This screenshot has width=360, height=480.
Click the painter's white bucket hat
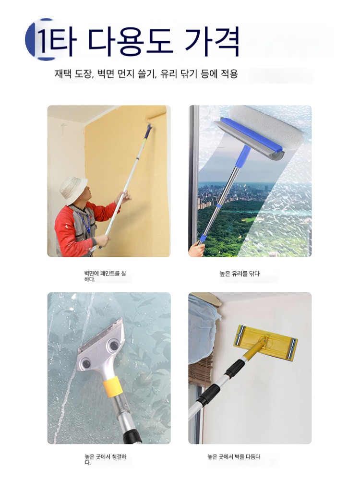[73, 189]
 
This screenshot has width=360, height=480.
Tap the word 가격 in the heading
[212, 41]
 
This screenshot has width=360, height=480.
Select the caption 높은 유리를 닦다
[240, 274]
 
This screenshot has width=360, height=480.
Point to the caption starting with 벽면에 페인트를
[105, 276]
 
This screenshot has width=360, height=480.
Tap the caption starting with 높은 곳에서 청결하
[105, 459]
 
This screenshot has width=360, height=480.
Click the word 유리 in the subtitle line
[168, 74]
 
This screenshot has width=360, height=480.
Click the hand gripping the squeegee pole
[196, 250]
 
